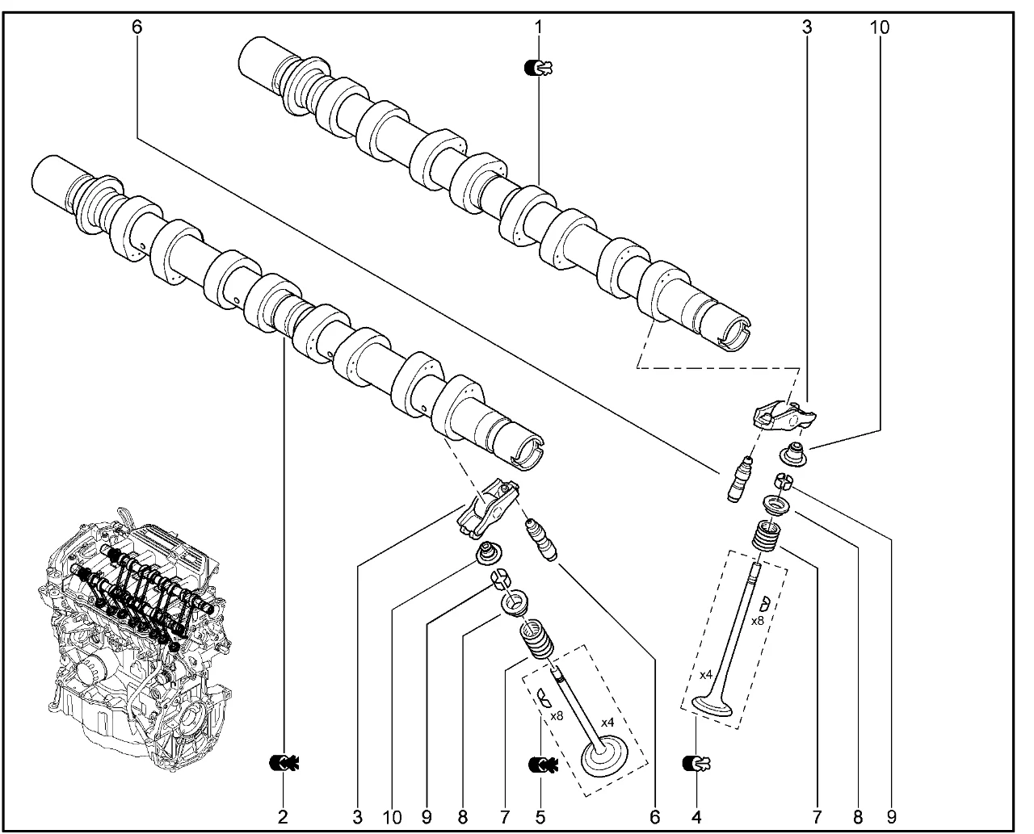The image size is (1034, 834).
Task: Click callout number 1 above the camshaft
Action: (538, 27)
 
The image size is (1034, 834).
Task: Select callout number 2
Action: (283, 817)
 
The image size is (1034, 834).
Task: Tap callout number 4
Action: (696, 817)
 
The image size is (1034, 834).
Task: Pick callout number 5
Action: (540, 817)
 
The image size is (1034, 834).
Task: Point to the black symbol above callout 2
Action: (283, 761)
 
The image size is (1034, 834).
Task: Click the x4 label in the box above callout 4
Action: (705, 674)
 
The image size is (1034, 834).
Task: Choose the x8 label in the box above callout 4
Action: (757, 621)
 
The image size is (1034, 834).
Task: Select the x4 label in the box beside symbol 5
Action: (607, 721)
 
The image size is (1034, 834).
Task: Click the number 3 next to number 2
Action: (356, 817)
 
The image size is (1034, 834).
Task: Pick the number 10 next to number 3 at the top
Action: (879, 27)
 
